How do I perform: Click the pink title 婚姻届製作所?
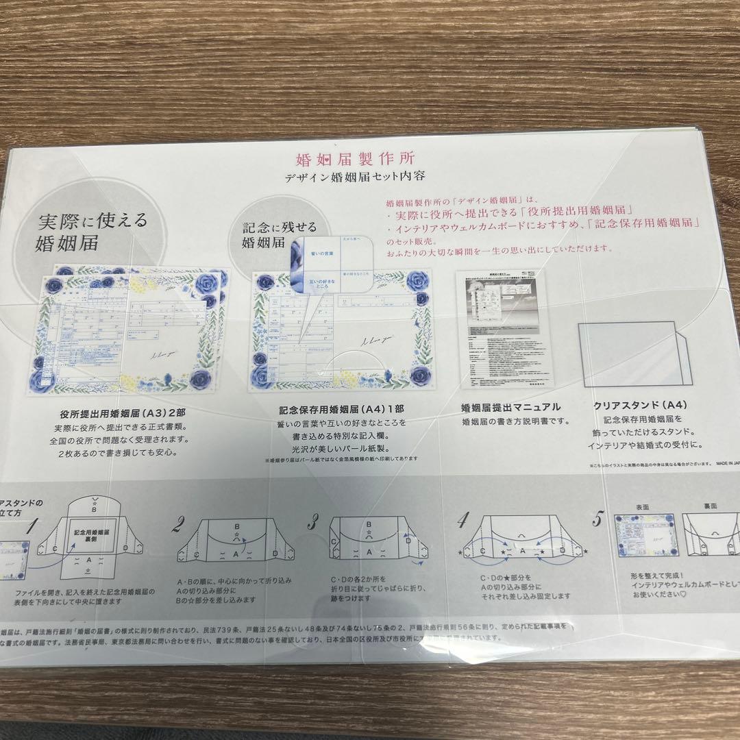point(355,160)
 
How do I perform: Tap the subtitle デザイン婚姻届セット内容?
point(356,177)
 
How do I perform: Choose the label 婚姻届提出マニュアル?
point(512,407)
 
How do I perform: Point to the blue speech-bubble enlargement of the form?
point(332,268)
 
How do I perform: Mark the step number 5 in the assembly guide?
point(597,519)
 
